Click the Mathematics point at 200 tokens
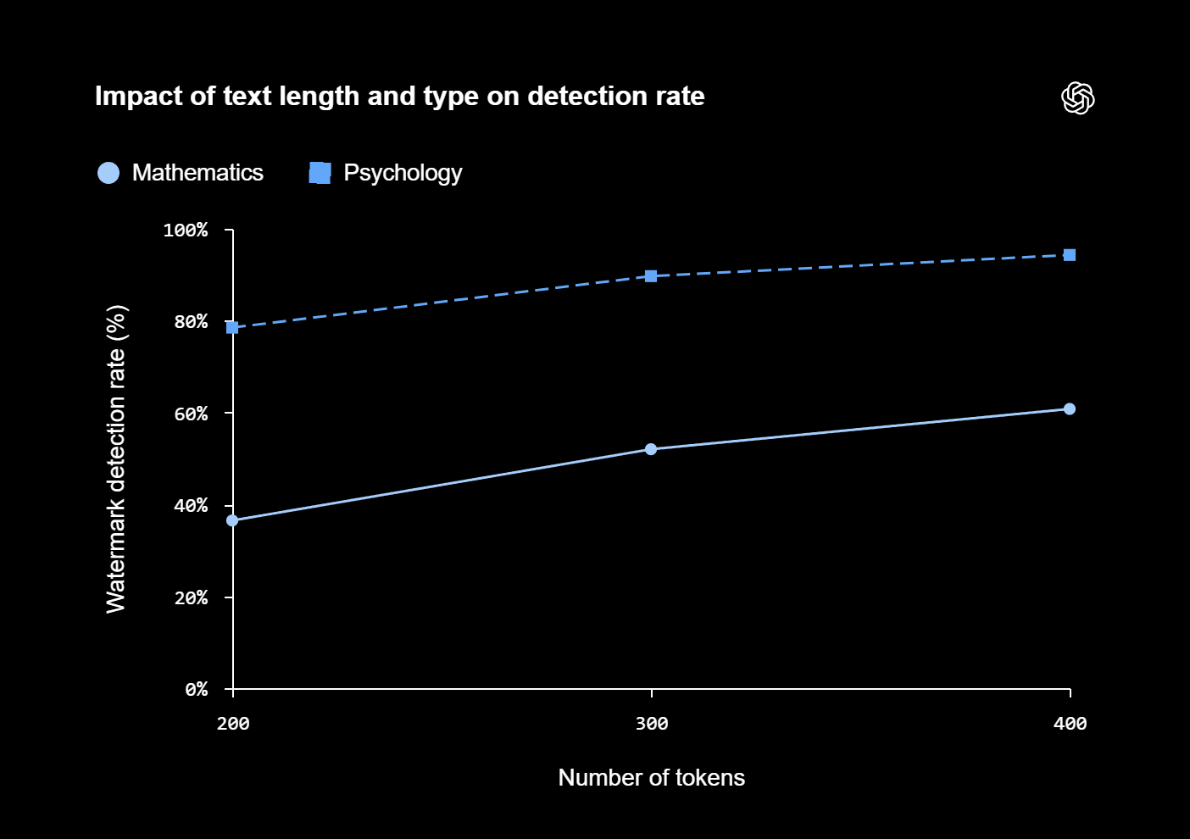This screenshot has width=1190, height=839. click(232, 520)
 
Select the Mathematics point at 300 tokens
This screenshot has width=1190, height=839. click(651, 449)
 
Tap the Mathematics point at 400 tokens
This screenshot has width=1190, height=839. click(1070, 408)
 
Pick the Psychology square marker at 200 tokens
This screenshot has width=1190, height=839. click(232, 327)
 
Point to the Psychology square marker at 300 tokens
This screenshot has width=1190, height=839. click(651, 275)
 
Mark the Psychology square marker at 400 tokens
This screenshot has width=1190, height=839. click(1070, 255)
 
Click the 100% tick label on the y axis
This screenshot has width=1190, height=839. click(186, 230)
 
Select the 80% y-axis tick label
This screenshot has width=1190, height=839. click(191, 322)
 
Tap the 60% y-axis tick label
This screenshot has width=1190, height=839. click(191, 414)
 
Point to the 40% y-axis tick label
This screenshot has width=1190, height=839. click(191, 505)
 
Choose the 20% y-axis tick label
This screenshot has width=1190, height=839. click(191, 597)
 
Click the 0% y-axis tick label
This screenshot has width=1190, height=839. click(197, 689)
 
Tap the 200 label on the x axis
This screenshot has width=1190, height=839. click(233, 723)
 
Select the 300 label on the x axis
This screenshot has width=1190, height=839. click(652, 723)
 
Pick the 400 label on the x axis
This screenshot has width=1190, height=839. click(1070, 723)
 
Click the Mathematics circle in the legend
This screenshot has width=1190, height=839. click(108, 173)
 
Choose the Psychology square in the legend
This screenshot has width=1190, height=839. click(320, 173)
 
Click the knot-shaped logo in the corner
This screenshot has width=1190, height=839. click(1078, 97)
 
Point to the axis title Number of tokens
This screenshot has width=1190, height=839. click(651, 777)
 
